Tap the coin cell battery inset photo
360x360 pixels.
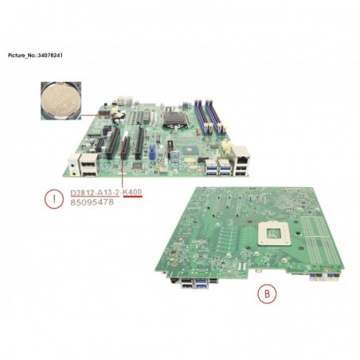[61, 100]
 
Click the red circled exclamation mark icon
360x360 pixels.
[54, 199]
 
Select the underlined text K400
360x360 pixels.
[133, 192]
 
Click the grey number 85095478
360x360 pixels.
[92, 202]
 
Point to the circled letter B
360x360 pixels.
[267, 294]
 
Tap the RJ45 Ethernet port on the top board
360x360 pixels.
[241, 156]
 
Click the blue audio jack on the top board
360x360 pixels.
[72, 165]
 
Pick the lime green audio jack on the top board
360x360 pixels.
[74, 174]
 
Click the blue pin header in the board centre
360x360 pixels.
[152, 151]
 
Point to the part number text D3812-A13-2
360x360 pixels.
[95, 192]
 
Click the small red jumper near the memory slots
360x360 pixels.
[198, 131]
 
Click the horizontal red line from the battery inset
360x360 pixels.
[99, 115]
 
